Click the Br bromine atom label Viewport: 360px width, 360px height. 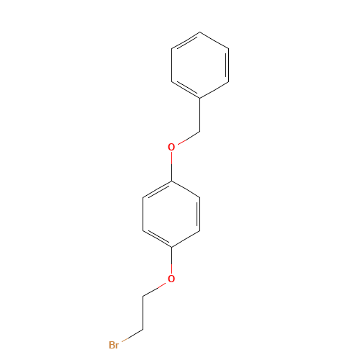(114, 345)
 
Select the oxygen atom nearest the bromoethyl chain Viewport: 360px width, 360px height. (171, 279)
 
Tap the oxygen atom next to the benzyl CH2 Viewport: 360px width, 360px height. (171, 147)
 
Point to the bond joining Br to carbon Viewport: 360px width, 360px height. (132, 336)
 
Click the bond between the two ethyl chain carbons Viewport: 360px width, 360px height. (143, 312)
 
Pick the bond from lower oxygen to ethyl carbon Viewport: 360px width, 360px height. (154, 289)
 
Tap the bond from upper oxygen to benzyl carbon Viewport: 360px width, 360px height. (189, 138)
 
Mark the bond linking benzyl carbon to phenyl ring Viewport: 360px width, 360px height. (200, 114)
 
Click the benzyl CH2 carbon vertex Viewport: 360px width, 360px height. (200, 131)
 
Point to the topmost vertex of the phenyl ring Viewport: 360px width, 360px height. (200, 32)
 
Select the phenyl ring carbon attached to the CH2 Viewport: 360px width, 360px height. (200, 98)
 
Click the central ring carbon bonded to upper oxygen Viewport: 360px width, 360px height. (171, 181)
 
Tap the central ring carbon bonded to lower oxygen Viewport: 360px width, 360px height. (171, 247)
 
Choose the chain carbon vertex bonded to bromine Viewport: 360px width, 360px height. (143, 329)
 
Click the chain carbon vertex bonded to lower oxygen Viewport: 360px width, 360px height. (143, 296)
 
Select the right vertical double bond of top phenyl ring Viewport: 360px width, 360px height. (228, 65)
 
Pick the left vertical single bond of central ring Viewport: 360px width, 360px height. (143, 214)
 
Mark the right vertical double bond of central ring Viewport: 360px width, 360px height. (199, 214)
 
